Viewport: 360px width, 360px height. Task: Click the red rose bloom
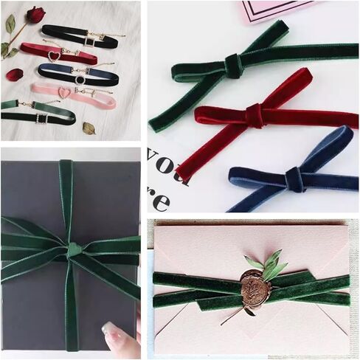[35, 14]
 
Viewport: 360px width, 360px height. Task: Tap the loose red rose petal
[15, 75]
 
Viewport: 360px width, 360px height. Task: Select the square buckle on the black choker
[89, 40]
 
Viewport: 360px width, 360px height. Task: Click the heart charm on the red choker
[52, 57]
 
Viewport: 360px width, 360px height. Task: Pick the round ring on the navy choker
[80, 78]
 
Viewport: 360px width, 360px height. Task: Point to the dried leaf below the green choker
[89, 128]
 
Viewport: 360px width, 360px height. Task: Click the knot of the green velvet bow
[233, 66]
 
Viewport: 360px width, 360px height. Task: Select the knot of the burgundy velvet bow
[255, 115]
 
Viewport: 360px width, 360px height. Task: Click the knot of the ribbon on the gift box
[74, 250]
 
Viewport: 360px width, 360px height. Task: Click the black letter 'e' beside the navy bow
[160, 201]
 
